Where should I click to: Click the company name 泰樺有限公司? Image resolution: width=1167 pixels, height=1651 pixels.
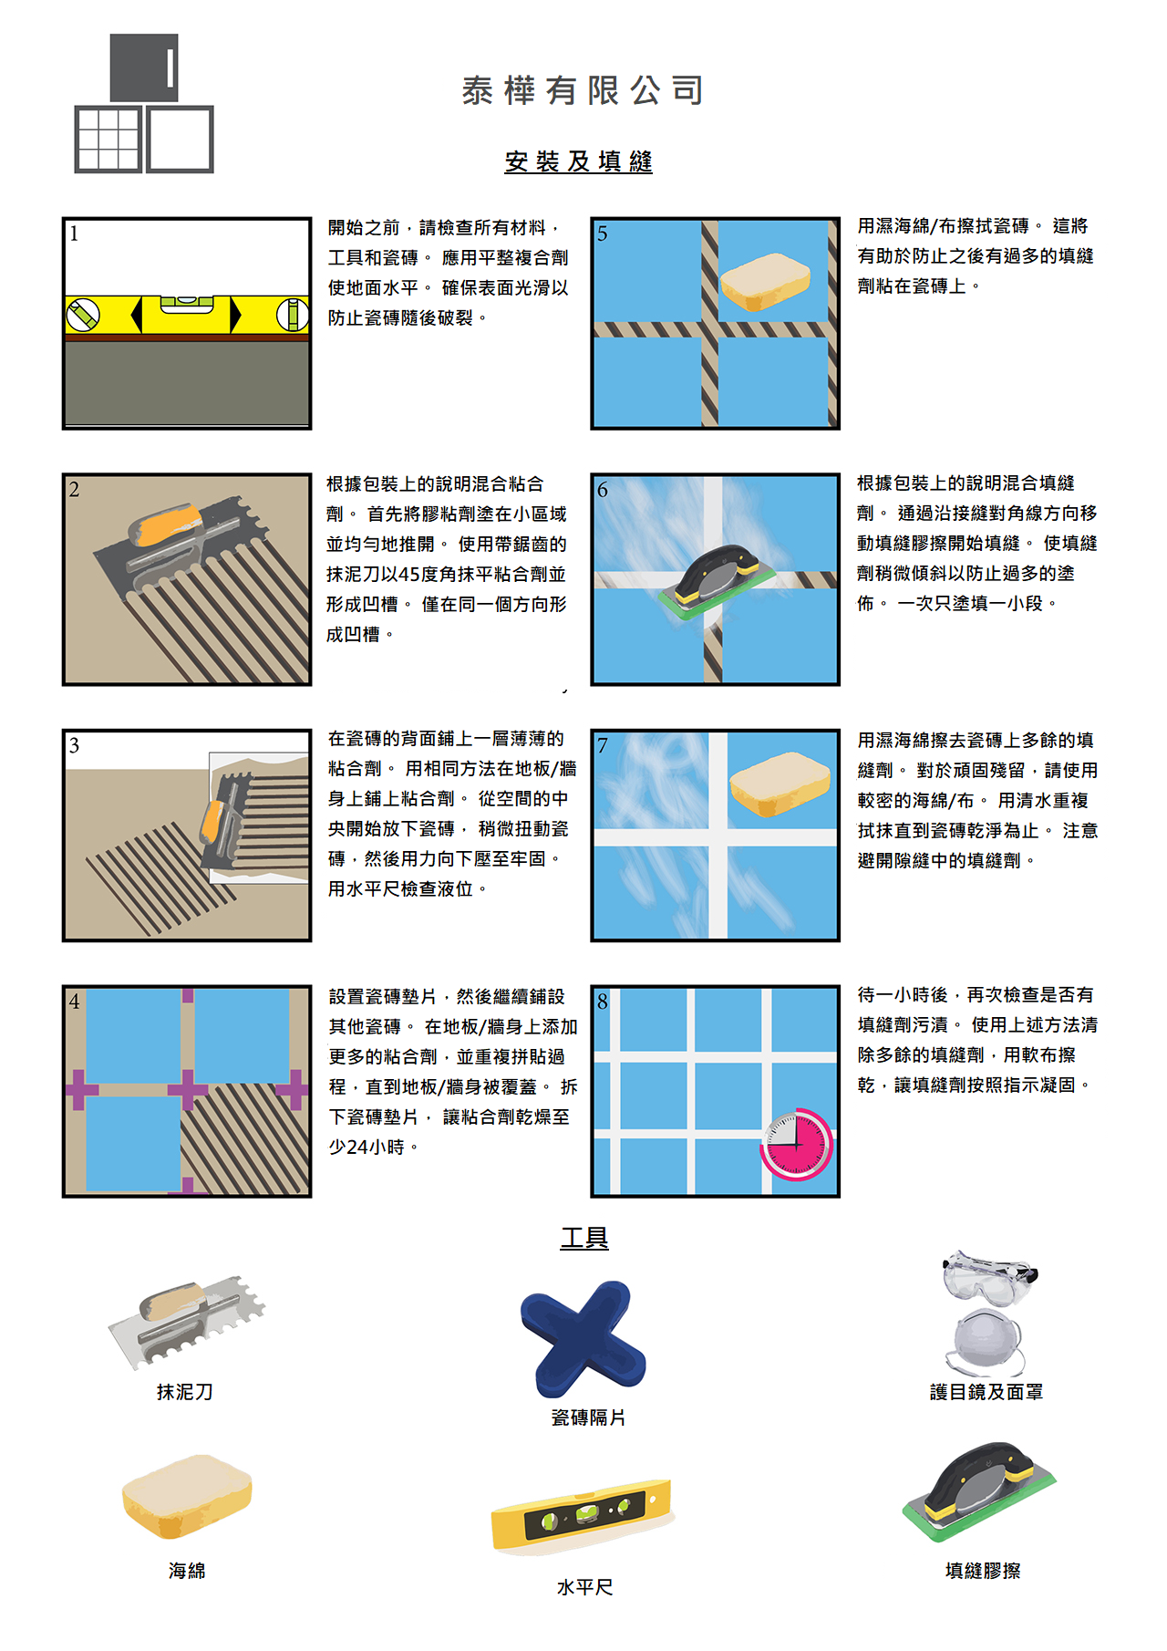coord(583,90)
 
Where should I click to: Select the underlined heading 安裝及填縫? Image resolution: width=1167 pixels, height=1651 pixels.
coord(579,161)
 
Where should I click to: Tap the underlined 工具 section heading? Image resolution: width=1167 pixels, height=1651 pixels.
coord(584,1238)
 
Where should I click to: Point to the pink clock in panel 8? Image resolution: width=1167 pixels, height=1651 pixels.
coord(797,1143)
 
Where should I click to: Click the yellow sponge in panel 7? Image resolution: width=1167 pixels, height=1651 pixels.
coord(780,783)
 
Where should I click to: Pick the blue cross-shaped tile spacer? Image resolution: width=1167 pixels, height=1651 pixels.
coord(583,1338)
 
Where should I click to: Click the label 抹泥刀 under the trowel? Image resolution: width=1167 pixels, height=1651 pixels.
coord(185,1392)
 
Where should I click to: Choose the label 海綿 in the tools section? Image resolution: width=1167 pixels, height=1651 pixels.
coord(187,1571)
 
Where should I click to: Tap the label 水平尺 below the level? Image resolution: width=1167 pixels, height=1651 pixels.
coord(585,1587)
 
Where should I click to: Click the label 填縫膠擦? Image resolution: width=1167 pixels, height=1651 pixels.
coord(983,1571)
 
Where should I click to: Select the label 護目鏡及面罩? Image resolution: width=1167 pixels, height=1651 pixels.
coord(986,1392)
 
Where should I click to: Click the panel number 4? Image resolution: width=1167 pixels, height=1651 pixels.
coord(75,1002)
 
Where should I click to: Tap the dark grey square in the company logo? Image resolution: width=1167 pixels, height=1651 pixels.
coord(144,67)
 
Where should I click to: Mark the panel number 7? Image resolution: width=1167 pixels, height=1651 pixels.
coord(603,745)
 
